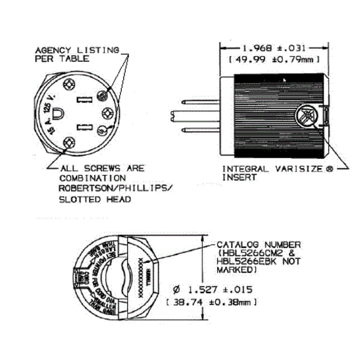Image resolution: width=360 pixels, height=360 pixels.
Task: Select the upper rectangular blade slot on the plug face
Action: click(x=90, y=95)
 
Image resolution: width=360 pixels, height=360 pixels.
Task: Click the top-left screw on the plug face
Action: click(x=70, y=84)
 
